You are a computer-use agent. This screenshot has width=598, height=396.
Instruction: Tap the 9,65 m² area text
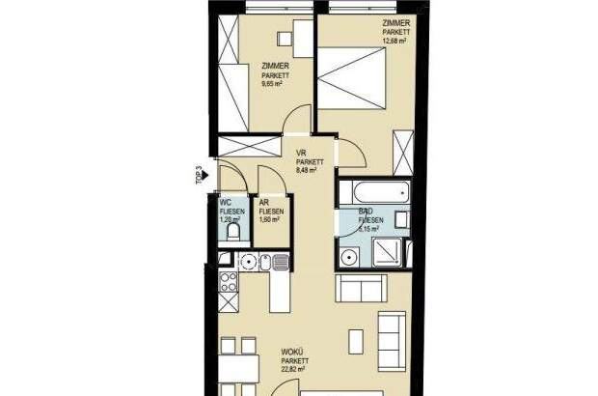point(274,83)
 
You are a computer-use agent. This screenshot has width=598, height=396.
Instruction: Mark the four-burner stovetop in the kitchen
point(230,282)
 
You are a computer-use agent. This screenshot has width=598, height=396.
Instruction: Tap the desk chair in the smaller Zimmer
point(285,39)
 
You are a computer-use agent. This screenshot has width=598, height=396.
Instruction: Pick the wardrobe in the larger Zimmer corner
point(403,153)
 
